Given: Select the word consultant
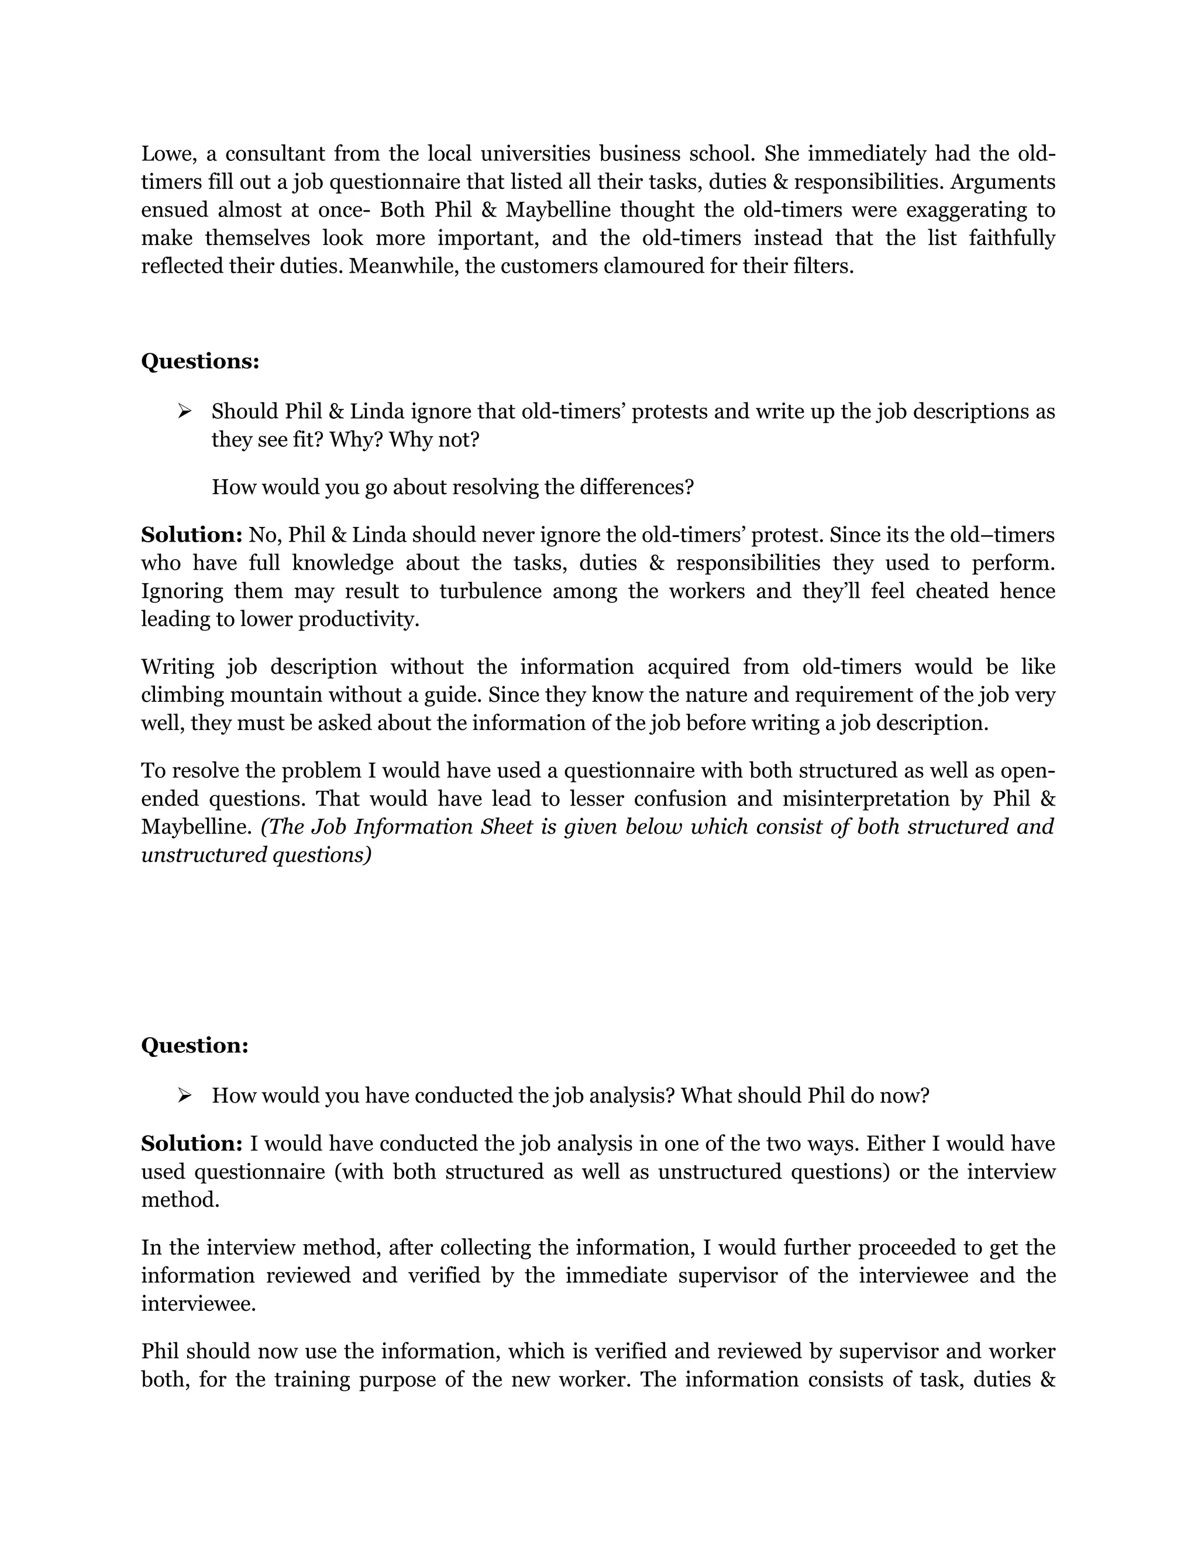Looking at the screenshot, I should [x=270, y=153].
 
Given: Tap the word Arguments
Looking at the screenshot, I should [x=1003, y=182].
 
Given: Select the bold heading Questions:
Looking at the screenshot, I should [x=200, y=361].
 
